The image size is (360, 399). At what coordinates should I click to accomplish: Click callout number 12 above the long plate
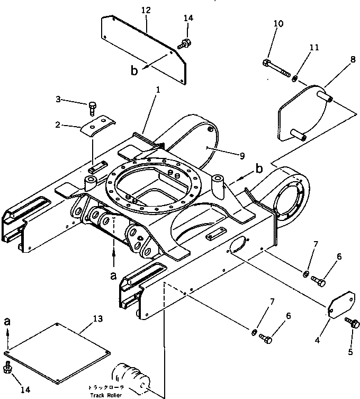[x=146, y=11]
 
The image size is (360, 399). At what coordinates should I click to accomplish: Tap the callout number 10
[x=278, y=24]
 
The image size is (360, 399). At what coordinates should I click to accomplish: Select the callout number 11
[x=314, y=48]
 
